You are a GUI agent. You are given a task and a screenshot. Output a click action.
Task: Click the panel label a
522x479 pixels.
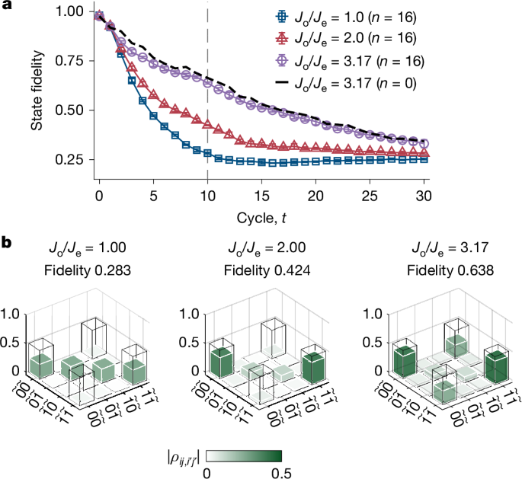click(x=6, y=6)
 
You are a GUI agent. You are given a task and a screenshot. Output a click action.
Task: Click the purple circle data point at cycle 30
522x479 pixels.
click(x=424, y=143)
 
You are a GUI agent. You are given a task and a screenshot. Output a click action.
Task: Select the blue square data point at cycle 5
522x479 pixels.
click(x=153, y=116)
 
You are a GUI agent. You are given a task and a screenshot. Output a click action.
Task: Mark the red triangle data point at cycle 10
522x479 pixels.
click(x=207, y=122)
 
